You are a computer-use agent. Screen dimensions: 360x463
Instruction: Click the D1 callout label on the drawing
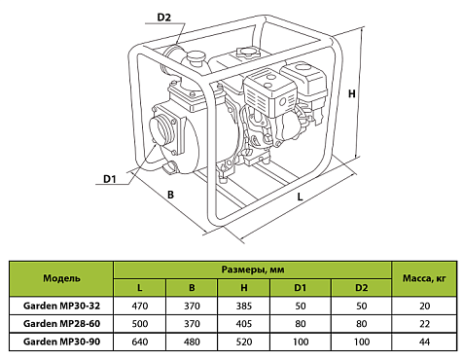tap(110, 178)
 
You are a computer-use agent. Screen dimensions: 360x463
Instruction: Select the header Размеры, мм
tap(253, 269)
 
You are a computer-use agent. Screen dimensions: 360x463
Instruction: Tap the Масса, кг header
tap(423, 278)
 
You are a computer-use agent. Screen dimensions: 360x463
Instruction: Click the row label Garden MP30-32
tap(61, 305)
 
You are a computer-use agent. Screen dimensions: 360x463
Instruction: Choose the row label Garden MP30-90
tap(61, 341)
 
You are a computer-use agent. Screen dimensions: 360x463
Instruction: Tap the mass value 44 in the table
tap(423, 341)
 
